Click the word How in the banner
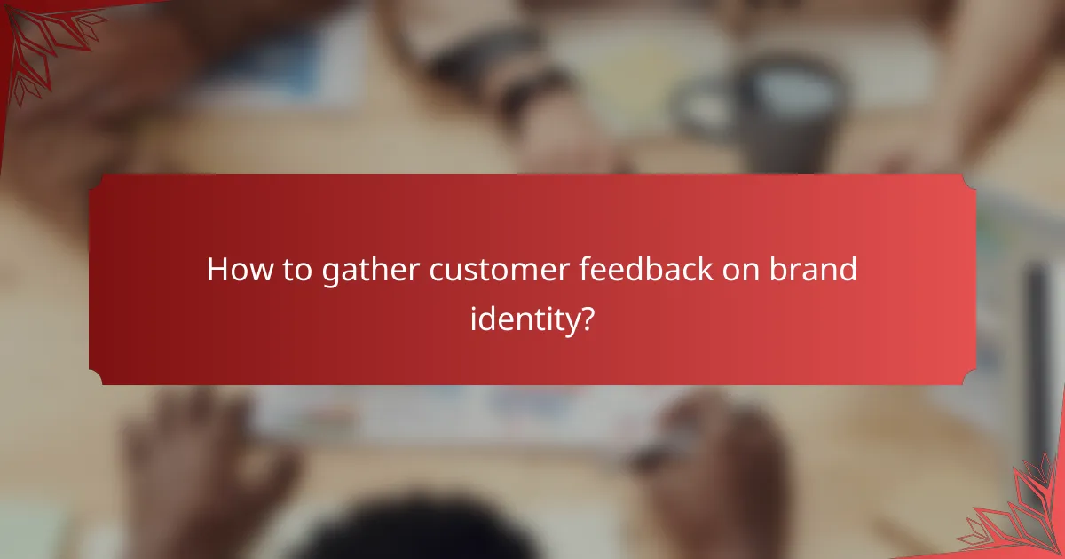(x=234, y=271)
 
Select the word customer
(x=499, y=271)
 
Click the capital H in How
(x=217, y=271)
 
